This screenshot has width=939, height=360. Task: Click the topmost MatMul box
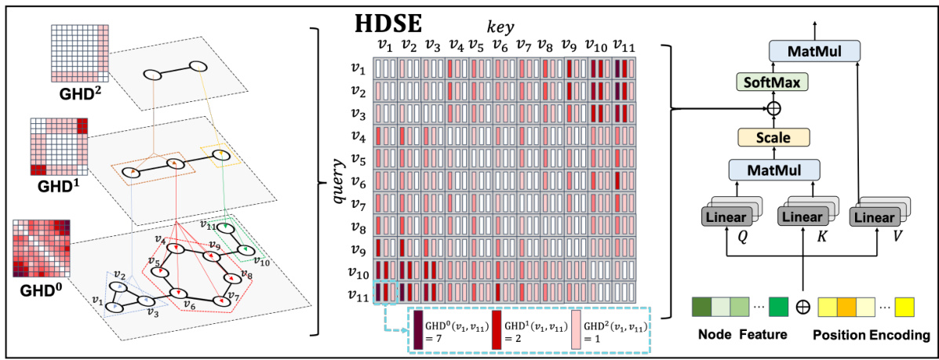tap(813, 50)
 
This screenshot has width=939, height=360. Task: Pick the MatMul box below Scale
tap(774, 169)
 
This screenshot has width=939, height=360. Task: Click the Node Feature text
tap(741, 334)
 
